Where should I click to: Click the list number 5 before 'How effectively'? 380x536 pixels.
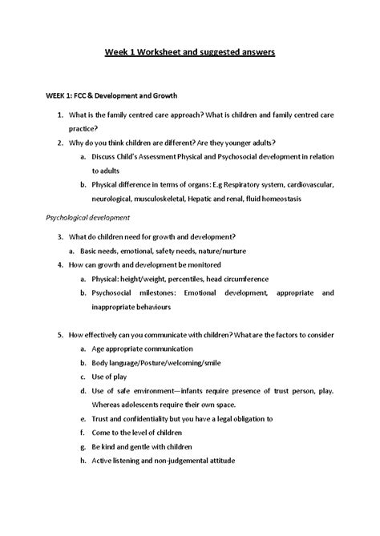point(62,334)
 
